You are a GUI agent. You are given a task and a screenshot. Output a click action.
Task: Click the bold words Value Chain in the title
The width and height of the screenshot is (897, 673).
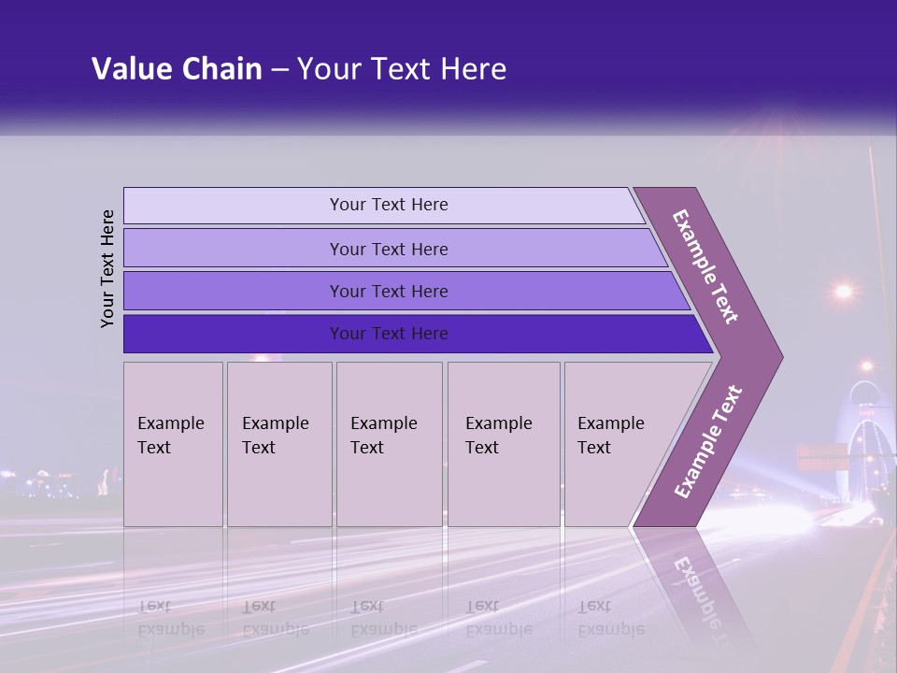point(177,69)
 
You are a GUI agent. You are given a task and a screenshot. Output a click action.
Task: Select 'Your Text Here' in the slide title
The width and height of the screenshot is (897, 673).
point(402,69)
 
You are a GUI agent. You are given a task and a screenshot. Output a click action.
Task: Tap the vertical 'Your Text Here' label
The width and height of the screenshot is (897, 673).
point(107,268)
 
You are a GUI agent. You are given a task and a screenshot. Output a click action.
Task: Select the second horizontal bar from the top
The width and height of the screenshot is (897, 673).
point(389,249)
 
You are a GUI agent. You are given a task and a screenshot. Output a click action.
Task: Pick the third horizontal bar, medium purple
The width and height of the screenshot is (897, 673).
point(389,291)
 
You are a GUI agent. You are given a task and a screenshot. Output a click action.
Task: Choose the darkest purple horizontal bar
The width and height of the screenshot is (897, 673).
point(389,334)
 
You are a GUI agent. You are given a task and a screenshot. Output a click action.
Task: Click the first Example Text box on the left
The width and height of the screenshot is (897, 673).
point(173,443)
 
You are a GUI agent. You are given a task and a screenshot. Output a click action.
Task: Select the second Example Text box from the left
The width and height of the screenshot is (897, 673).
point(278,443)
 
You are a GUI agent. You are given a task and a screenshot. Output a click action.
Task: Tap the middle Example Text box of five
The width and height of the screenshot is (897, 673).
point(389,443)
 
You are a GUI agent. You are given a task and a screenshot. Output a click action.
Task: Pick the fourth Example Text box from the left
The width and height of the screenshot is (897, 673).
point(503,443)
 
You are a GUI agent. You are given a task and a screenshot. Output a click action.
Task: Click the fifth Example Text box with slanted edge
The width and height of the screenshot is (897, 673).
point(617,443)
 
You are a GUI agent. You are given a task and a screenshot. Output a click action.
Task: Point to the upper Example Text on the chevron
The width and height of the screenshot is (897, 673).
point(705,266)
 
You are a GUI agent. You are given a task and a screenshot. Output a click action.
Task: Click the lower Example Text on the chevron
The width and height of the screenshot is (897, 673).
point(708,441)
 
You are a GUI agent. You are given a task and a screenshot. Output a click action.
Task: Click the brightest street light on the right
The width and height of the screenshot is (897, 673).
point(844,292)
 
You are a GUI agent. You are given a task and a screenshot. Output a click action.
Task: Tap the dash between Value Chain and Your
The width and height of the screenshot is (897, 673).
point(279,69)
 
